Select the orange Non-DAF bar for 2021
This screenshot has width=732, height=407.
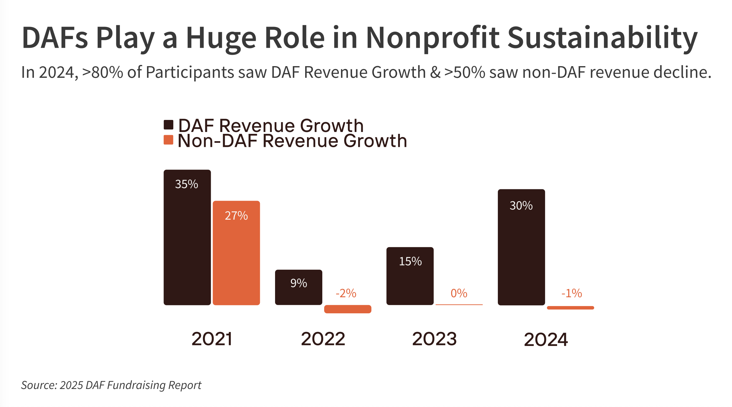click(x=236, y=260)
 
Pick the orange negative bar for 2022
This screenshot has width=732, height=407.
click(x=348, y=309)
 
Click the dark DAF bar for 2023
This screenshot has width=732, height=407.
click(x=410, y=279)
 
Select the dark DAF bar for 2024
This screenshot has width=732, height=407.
click(x=521, y=253)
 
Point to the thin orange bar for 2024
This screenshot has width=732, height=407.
click(x=570, y=308)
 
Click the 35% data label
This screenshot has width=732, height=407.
click(x=187, y=184)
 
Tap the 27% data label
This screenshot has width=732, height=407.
click(x=236, y=216)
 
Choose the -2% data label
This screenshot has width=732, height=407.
click(x=346, y=293)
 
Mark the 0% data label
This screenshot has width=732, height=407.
click(x=459, y=293)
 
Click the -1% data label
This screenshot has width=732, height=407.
click(x=572, y=293)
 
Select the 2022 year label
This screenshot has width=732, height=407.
click(x=323, y=339)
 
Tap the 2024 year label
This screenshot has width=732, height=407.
click(x=546, y=340)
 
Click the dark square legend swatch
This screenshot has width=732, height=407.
click(x=168, y=125)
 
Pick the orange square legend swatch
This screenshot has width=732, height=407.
click(x=168, y=140)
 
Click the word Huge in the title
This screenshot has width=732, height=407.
click(x=221, y=38)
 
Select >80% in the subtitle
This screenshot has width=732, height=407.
click(x=102, y=72)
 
